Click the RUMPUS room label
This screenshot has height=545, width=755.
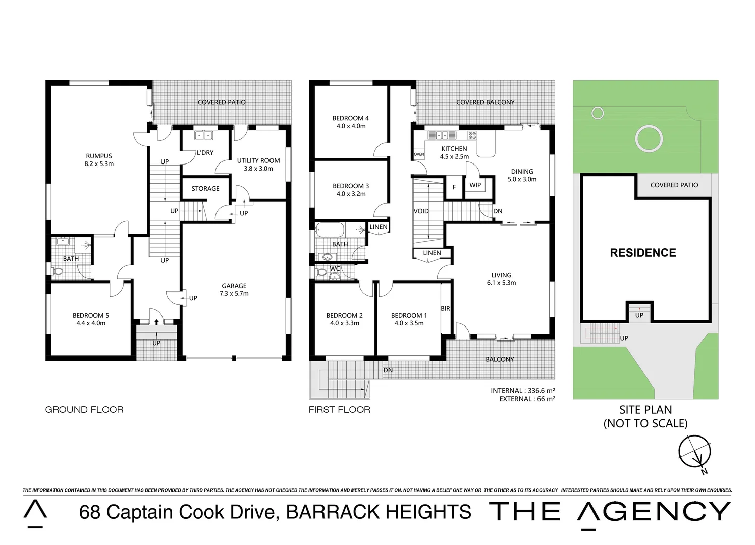(x=99, y=156)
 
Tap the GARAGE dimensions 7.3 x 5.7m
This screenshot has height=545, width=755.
(x=234, y=294)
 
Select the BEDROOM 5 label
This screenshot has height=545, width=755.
(x=91, y=315)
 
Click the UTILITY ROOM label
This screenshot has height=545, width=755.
(x=258, y=160)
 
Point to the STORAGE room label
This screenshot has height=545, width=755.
(x=205, y=188)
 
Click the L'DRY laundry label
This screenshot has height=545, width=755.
(x=205, y=152)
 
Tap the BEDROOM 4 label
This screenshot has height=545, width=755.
(x=351, y=118)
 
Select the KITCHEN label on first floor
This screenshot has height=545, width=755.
(x=454, y=149)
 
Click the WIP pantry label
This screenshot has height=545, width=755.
(x=475, y=185)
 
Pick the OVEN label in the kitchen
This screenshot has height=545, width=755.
(x=419, y=154)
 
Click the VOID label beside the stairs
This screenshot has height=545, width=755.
(x=421, y=211)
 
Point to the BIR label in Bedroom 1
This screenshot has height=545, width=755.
(x=445, y=308)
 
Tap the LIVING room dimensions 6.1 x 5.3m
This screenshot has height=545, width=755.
(x=501, y=283)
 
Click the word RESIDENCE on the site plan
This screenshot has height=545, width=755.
(x=643, y=253)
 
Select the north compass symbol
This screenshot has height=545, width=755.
(x=695, y=452)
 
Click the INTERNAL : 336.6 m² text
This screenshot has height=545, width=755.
(x=523, y=391)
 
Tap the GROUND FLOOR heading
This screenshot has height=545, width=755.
(x=84, y=410)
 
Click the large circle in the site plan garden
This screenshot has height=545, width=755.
(x=649, y=138)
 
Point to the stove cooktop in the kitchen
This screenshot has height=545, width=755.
(x=472, y=135)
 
